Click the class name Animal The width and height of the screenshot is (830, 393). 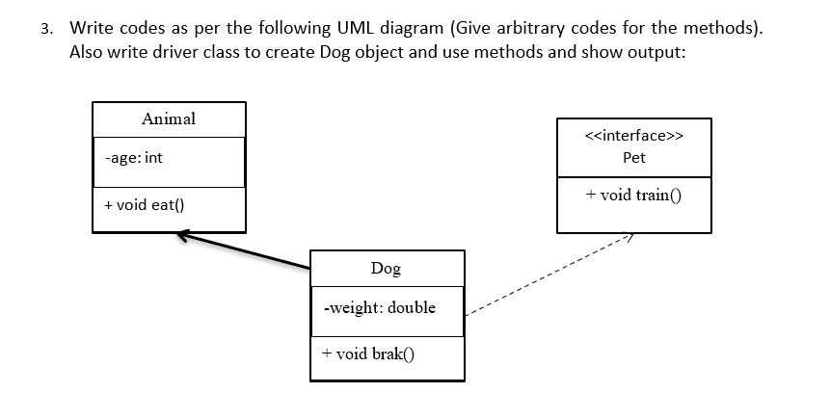(x=168, y=119)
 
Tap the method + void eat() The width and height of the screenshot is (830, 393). (x=145, y=204)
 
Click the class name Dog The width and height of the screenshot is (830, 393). (x=386, y=269)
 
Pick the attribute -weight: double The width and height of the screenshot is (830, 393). (x=379, y=308)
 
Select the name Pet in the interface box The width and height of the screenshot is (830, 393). (x=634, y=157)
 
